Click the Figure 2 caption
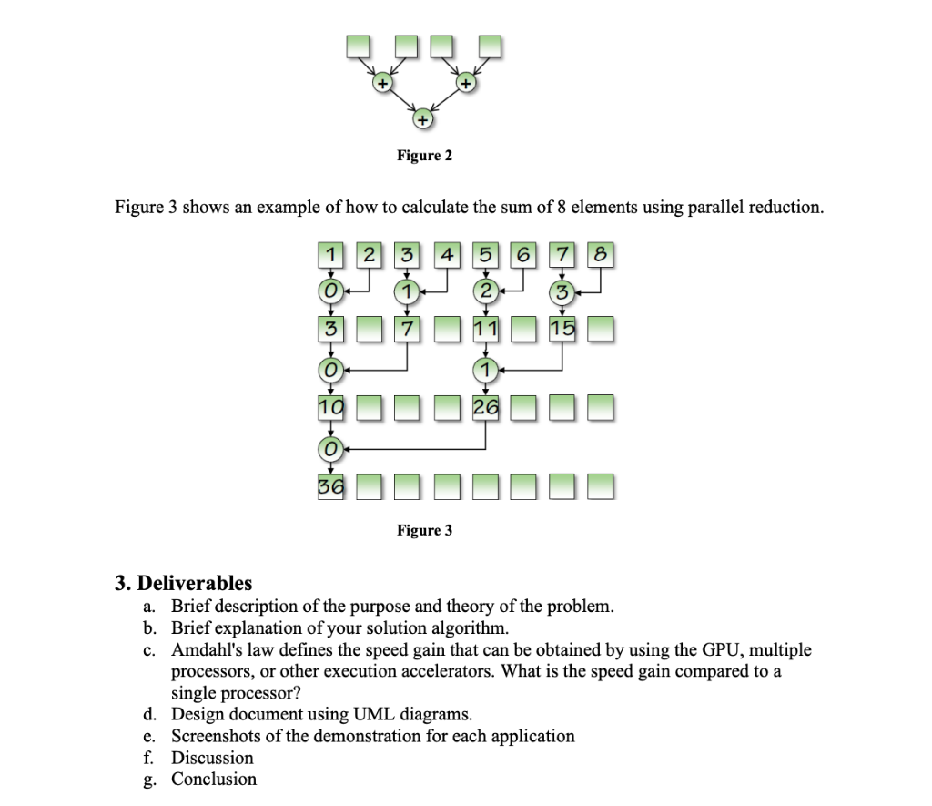point(424,156)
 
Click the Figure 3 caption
point(424,530)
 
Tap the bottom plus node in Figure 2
point(423,119)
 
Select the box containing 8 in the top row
point(601,254)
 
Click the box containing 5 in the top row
point(484,254)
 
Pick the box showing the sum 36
point(329,487)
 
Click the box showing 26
point(485,406)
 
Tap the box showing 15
point(562,328)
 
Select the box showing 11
point(485,328)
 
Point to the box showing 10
point(329,406)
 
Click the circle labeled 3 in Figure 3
point(562,292)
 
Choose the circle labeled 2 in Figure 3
point(485,292)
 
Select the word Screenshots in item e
point(216,735)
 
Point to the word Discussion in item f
point(212,757)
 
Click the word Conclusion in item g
point(214,779)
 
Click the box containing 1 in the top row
point(329,254)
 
